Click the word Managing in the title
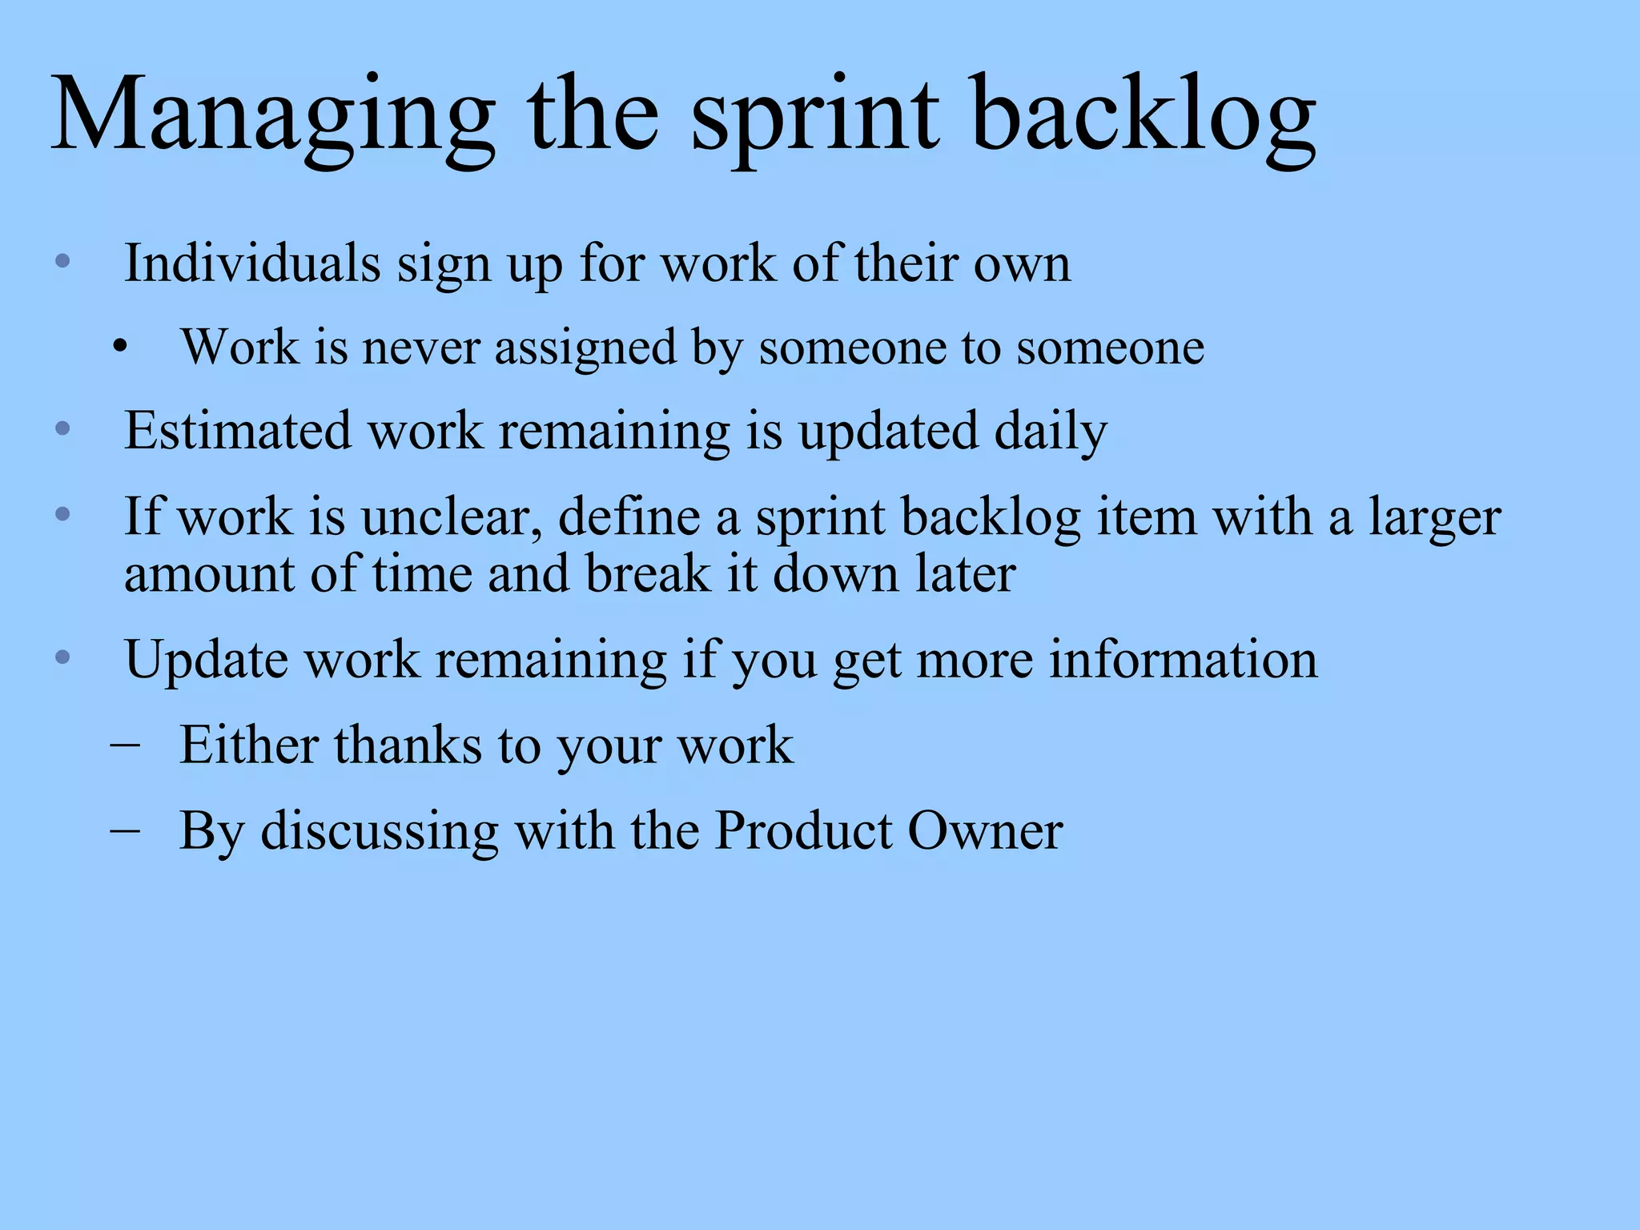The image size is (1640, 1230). point(272,116)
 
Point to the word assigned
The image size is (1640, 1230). point(585,349)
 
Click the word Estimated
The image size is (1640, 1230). point(238,431)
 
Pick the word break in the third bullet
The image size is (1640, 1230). point(648,574)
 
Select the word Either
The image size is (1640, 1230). point(249,745)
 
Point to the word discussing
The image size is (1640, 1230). point(380,831)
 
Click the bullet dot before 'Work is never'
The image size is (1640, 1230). point(120,348)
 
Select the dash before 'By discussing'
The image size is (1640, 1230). point(124,830)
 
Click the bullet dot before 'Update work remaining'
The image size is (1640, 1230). point(63,658)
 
